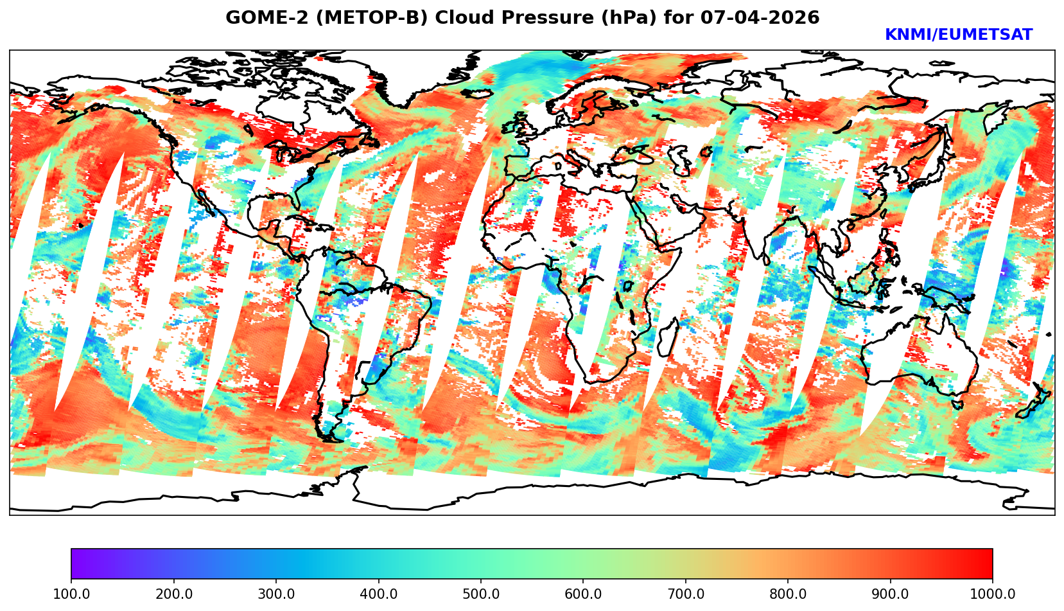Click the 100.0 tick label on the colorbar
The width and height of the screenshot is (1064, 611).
click(x=71, y=594)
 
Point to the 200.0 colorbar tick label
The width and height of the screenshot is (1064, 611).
click(x=173, y=594)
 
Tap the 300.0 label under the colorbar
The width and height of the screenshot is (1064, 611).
click(x=276, y=594)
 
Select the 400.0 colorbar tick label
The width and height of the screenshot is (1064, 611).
click(x=378, y=594)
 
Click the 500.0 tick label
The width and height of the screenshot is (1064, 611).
click(x=481, y=594)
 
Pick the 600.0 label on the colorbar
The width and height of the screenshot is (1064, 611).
click(x=583, y=594)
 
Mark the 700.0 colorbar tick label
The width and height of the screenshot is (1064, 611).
click(x=686, y=594)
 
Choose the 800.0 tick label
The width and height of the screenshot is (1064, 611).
click(x=788, y=594)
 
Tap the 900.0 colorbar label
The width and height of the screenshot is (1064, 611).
click(x=891, y=594)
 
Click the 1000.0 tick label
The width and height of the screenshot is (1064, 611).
click(x=992, y=594)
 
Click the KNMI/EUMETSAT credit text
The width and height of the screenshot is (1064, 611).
click(x=958, y=35)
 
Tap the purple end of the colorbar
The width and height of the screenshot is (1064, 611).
click(x=76, y=564)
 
